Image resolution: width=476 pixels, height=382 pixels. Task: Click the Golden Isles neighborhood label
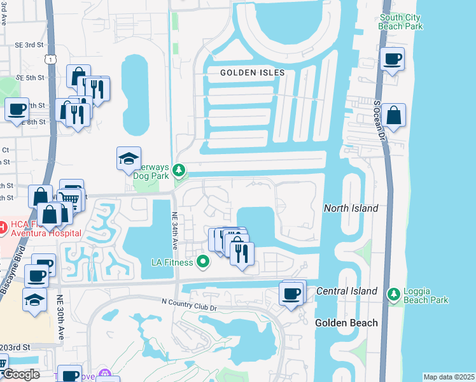[x=248, y=73]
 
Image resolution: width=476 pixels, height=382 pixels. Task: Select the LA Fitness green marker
[x=203, y=261]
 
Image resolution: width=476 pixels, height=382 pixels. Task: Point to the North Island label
[x=351, y=208]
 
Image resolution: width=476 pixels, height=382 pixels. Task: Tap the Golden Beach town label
[x=346, y=323]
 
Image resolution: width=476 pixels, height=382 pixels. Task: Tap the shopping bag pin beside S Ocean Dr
[x=394, y=116]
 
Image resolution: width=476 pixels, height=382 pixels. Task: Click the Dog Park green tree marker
[x=180, y=170]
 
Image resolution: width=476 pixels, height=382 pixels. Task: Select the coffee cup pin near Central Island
[x=291, y=294]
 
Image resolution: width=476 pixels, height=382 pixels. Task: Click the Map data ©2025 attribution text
[x=448, y=377]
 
